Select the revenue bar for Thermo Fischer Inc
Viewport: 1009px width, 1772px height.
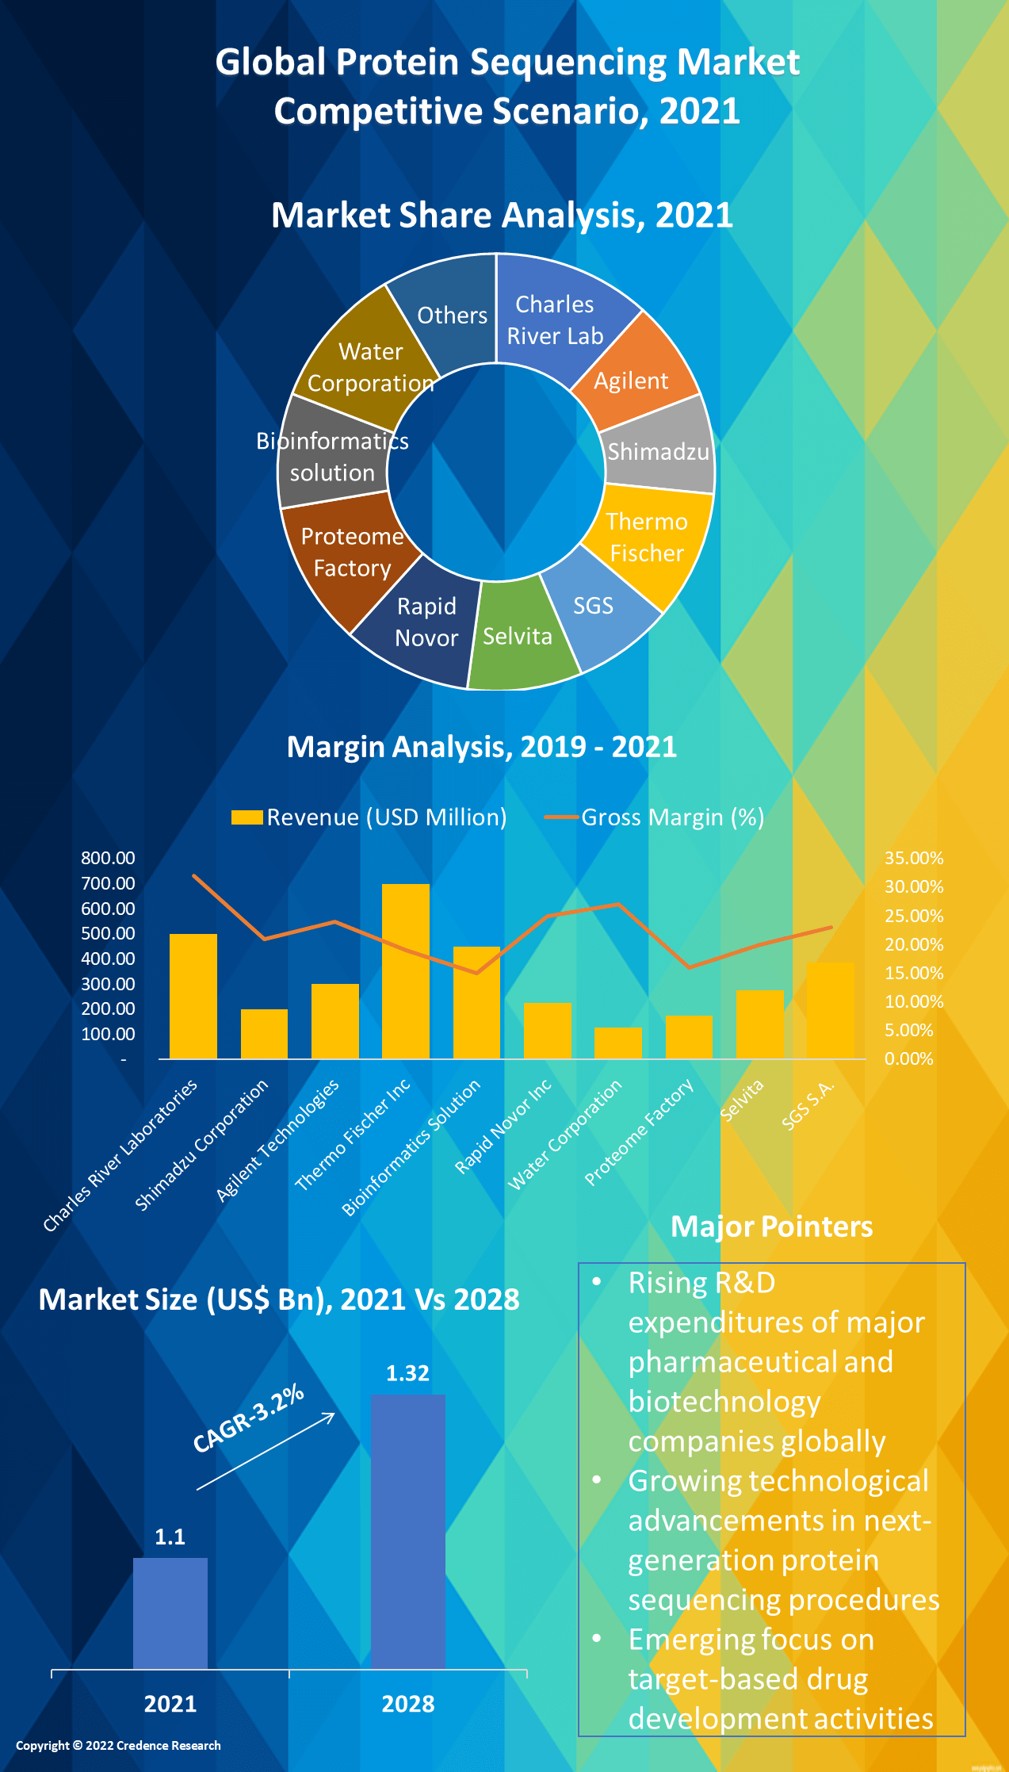(405, 970)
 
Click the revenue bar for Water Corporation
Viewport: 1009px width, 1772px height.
(617, 1043)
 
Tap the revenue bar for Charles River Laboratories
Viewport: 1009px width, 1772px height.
(193, 996)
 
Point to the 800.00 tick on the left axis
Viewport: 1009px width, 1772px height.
(108, 858)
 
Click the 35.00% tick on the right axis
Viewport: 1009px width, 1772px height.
(914, 858)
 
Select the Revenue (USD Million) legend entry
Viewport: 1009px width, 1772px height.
(369, 817)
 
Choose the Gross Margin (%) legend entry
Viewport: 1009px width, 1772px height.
(655, 817)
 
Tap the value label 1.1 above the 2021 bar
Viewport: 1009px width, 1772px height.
(170, 1537)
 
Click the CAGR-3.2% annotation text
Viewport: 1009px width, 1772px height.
(248, 1418)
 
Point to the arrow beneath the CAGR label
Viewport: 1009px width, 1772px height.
(266, 1452)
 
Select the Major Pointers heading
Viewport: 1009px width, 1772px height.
(771, 1227)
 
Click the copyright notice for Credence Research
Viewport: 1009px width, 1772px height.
(118, 1745)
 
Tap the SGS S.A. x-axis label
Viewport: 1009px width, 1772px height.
(808, 1104)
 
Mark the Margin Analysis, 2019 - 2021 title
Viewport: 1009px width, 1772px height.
(481, 747)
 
